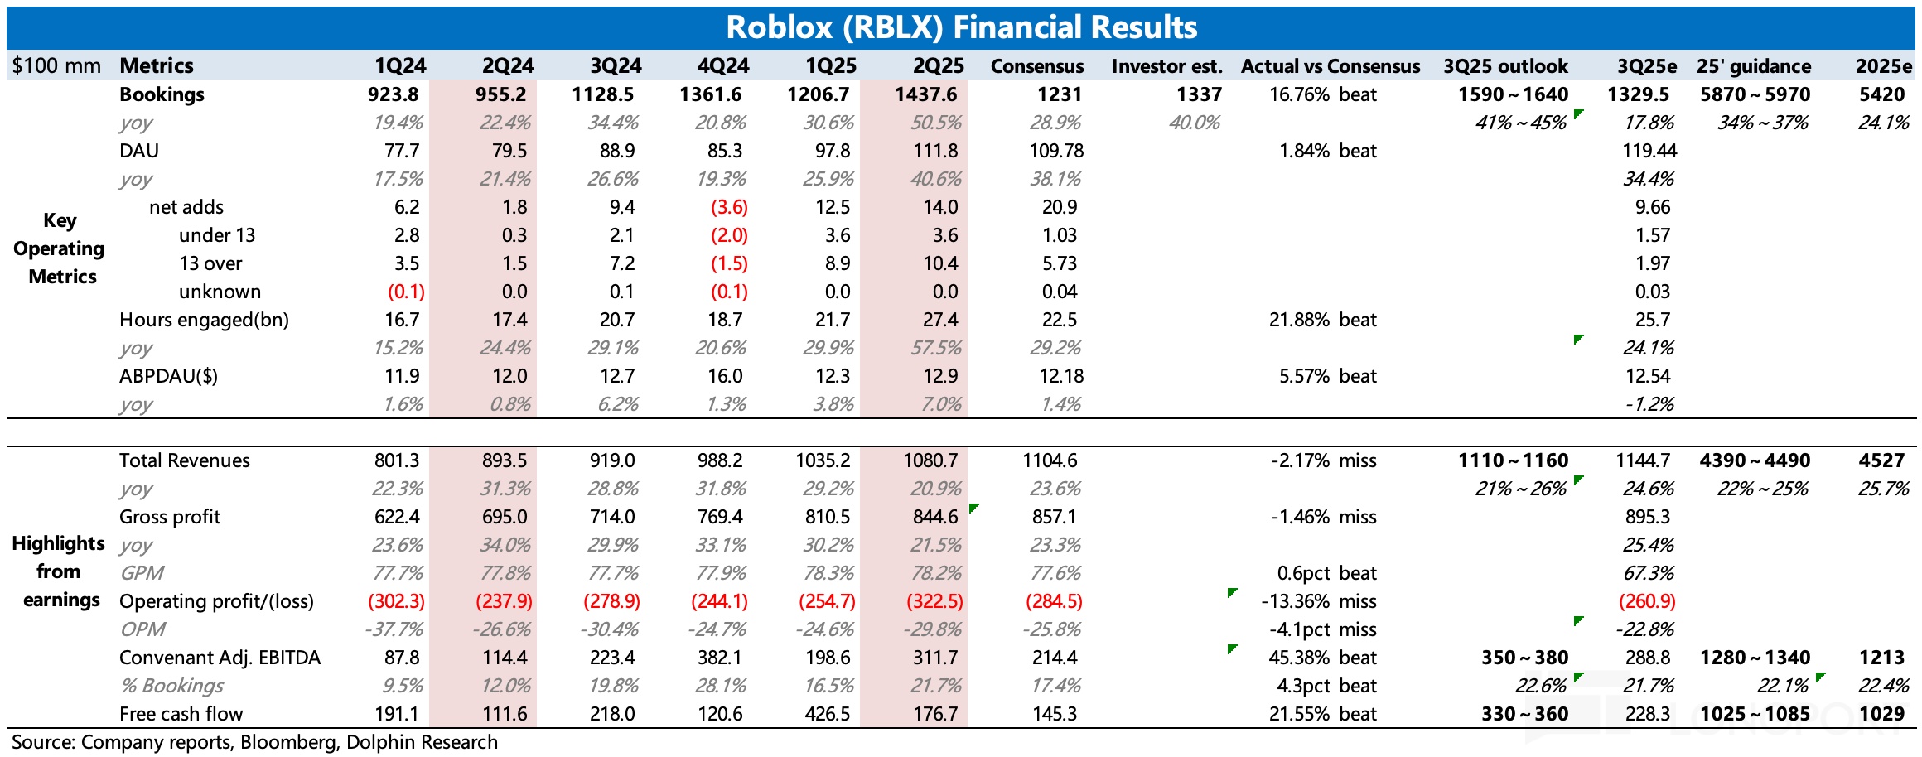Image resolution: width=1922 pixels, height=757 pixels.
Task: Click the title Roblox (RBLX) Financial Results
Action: click(x=961, y=27)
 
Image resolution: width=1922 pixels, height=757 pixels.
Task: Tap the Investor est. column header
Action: click(x=1166, y=66)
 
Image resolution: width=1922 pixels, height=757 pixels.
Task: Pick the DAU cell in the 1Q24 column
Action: click(x=402, y=151)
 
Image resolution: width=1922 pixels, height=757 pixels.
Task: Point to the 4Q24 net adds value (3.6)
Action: click(x=729, y=207)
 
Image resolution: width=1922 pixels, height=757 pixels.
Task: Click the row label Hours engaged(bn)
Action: click(x=204, y=320)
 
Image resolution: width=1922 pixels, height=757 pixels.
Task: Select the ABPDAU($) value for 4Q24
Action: click(x=725, y=376)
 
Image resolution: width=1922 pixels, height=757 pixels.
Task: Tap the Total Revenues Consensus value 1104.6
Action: click(x=1053, y=460)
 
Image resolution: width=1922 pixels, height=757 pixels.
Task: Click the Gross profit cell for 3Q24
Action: click(x=612, y=517)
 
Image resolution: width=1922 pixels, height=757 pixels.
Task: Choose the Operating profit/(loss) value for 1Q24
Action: click(x=396, y=601)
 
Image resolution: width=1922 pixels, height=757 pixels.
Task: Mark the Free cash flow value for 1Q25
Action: click(x=828, y=714)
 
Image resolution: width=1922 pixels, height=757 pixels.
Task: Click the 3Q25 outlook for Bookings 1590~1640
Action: click(x=1513, y=94)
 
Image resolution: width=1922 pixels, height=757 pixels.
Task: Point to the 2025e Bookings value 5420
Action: click(x=1881, y=94)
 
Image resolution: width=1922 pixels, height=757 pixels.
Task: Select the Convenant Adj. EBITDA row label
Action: click(x=220, y=658)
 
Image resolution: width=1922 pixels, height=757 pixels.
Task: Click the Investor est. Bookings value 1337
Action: click(x=1199, y=94)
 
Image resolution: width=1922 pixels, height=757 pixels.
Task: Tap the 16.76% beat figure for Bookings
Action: click(x=1322, y=94)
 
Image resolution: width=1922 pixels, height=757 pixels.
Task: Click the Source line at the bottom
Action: click(x=254, y=742)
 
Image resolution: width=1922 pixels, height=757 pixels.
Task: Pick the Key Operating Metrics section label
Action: click(x=60, y=248)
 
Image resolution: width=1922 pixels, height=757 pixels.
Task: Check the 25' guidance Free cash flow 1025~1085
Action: click(x=1755, y=714)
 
